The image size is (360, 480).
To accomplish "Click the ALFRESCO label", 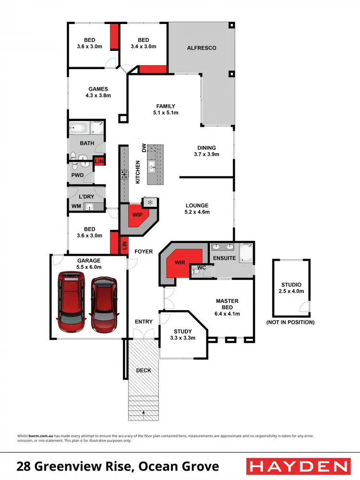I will pos(201,48).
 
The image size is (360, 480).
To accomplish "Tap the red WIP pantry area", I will pos(137,215).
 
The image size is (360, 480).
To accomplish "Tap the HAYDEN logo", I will pos(297,466).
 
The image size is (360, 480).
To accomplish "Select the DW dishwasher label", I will pos(144,148).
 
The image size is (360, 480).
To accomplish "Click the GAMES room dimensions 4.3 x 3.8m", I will pos(98,96).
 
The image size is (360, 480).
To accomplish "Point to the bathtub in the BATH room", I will pos(79,128).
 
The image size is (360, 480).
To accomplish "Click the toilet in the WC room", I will pos(195,272).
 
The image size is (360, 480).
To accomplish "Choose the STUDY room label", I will pos(182,331).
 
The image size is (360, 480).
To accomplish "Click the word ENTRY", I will pos(144,322).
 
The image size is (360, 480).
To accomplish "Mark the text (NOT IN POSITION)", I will pos(290,323).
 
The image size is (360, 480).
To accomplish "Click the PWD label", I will pos(77,176).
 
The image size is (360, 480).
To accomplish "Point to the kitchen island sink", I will pos(152,167).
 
